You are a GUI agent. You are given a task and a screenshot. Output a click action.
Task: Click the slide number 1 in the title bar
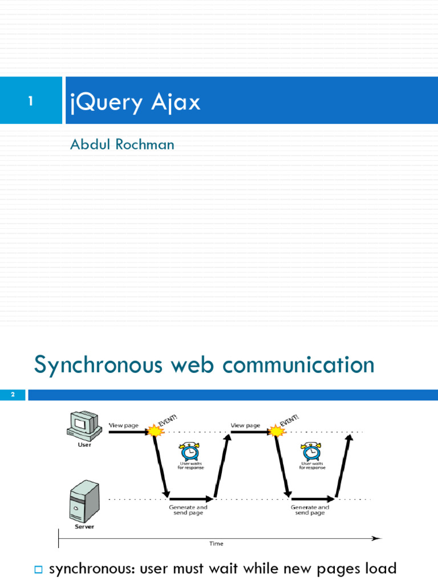pyautogui.click(x=31, y=102)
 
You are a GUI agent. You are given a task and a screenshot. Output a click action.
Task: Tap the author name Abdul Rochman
pyautogui.click(x=122, y=144)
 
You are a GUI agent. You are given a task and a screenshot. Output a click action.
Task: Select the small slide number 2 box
pyautogui.click(x=12, y=395)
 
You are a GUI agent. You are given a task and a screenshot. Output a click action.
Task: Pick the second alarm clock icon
pyautogui.click(x=311, y=452)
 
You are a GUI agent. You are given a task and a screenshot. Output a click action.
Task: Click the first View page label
pyautogui.click(x=124, y=425)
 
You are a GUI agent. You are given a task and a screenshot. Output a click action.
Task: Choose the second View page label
pyautogui.click(x=245, y=425)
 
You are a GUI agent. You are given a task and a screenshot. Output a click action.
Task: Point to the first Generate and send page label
pyautogui.click(x=188, y=510)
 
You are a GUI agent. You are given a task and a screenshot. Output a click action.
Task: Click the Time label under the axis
pyautogui.click(x=216, y=544)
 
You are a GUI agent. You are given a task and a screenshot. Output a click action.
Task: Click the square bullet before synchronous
pyautogui.click(x=39, y=569)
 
